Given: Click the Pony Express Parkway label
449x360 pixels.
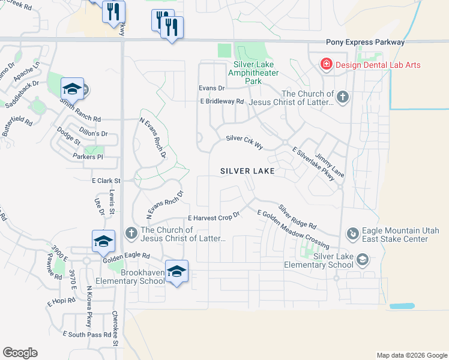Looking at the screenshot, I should [x=365, y=43].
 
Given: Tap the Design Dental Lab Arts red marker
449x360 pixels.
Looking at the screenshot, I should [x=326, y=65].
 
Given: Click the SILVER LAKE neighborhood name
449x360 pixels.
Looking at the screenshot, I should [x=247, y=171].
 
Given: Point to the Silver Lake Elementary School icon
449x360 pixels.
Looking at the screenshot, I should [x=362, y=260].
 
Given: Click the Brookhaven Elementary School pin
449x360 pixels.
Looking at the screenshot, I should [x=176, y=272].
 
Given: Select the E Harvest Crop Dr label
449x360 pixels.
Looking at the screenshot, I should [x=214, y=217].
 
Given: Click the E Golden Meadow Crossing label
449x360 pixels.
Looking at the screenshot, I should [x=292, y=229].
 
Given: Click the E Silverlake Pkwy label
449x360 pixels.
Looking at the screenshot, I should [x=312, y=163].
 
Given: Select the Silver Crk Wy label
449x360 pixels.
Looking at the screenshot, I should [x=244, y=142].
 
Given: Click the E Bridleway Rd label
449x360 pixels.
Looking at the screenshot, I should [x=222, y=101].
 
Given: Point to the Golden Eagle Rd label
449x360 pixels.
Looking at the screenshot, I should [x=126, y=256].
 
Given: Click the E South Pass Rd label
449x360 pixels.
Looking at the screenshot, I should [x=86, y=334].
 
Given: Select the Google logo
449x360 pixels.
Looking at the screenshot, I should [x=20, y=353].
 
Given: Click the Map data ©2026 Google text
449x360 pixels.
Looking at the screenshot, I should [x=411, y=355].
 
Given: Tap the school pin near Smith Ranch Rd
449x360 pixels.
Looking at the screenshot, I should [x=72, y=91].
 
